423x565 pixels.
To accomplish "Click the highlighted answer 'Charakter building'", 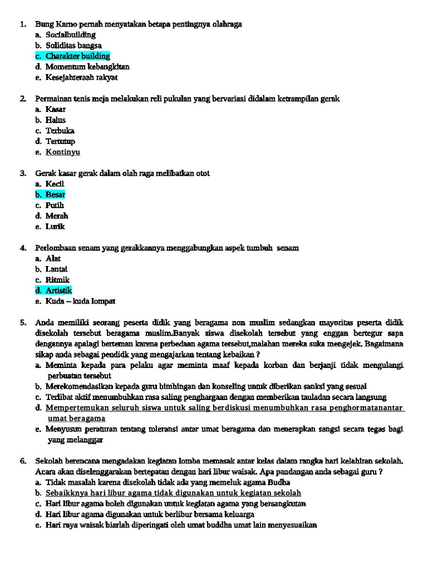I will click(x=78, y=56).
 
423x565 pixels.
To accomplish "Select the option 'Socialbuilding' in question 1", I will click(x=70, y=35).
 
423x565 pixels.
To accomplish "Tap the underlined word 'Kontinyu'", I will click(x=63, y=152).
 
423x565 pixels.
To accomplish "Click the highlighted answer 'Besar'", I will click(x=55, y=194).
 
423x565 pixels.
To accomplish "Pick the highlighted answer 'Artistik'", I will click(x=59, y=290).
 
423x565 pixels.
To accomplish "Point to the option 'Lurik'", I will click(x=55, y=226).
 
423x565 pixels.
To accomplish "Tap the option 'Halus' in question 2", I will click(x=56, y=120).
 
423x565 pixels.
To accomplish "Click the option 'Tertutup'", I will click(x=60, y=141).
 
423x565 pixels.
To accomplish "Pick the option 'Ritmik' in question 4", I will click(x=58, y=280).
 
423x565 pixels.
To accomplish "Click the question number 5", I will click(x=23, y=322).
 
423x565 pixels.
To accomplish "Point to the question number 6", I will click(x=23, y=461).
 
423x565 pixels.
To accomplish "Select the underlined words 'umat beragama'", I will click(x=77, y=418).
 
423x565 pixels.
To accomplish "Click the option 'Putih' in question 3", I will click(x=55, y=205).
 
